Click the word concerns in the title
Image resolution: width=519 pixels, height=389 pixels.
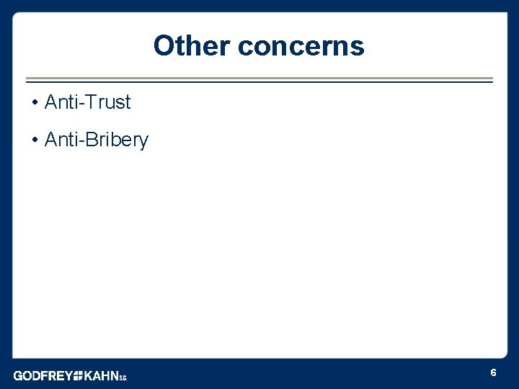301,46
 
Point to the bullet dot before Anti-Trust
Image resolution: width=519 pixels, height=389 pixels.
35,103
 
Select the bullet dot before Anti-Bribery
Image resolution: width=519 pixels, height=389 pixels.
35,140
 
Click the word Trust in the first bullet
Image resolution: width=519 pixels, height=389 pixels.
109,102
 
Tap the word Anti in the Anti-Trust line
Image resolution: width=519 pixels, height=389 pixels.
61,102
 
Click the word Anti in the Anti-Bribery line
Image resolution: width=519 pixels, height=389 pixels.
61,140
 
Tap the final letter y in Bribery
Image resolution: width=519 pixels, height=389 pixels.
143,142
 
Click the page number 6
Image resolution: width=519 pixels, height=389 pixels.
493,372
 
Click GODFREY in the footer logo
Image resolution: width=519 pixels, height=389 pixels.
43,375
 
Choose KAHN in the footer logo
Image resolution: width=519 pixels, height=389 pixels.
101,375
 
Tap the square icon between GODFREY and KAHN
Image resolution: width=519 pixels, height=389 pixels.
78,375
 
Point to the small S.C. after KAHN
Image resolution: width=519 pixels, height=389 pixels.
123,377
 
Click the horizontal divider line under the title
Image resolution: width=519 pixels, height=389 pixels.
259,80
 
